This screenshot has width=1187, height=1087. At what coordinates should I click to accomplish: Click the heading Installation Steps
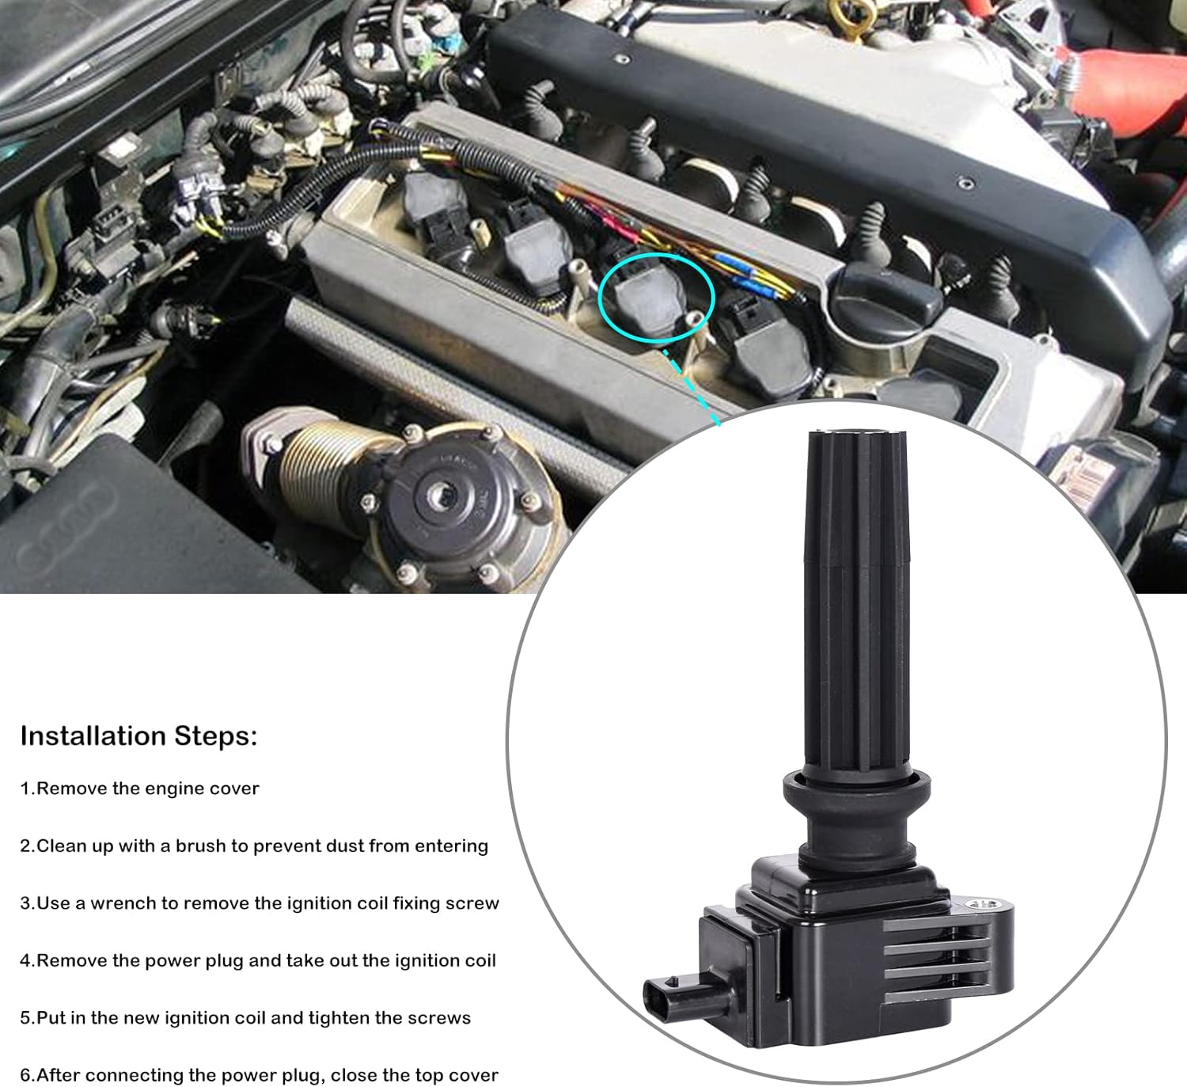138,735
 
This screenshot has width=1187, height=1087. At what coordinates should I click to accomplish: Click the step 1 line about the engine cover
139,789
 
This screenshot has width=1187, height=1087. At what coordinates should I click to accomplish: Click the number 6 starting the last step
25,1075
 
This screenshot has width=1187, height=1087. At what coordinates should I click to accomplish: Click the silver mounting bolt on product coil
986,903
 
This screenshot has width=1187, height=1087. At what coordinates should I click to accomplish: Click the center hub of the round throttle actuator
438,497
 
